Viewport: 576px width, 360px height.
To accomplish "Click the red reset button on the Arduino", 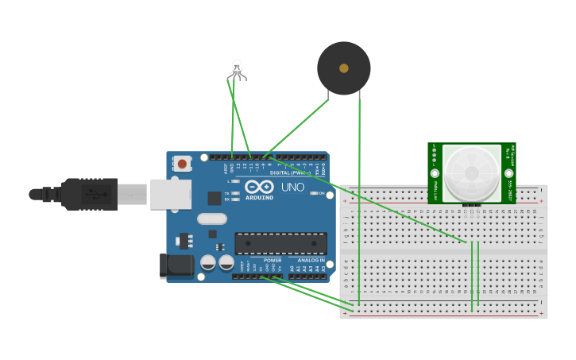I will (183, 164).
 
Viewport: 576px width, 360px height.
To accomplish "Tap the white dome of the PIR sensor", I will (472, 172).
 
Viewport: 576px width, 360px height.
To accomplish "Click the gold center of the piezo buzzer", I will (343, 68).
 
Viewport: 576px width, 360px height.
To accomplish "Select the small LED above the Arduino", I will (237, 68).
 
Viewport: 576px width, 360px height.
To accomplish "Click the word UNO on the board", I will (292, 188).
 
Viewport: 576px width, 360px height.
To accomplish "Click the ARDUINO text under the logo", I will (260, 197).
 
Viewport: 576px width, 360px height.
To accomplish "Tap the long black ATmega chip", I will (280, 243).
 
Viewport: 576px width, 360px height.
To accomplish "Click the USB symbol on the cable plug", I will (93, 194).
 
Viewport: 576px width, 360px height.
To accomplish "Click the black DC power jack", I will (176, 265).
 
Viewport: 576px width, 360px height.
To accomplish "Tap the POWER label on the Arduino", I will (272, 260).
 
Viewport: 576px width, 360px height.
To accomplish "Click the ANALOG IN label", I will (311, 260).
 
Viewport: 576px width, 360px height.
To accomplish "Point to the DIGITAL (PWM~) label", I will (289, 172).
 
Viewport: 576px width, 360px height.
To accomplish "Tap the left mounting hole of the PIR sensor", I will (435, 172).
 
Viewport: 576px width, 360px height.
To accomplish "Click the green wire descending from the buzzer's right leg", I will (359, 199).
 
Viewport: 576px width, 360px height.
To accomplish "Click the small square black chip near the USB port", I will (215, 198).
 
